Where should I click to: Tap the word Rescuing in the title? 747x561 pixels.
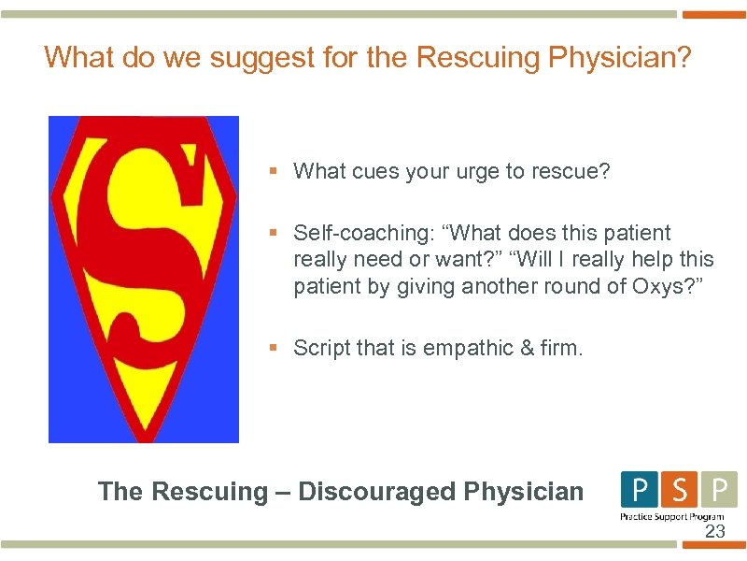pyautogui.click(x=476, y=58)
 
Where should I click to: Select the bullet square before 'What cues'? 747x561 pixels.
pyautogui.click(x=274, y=171)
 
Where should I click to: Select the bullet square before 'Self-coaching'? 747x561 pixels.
pyautogui.click(x=274, y=232)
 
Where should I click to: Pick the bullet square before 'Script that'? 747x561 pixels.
pyautogui.click(x=274, y=348)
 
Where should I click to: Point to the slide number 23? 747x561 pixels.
pyautogui.click(x=714, y=532)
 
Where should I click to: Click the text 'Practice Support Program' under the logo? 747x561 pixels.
pyautogui.click(x=672, y=516)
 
